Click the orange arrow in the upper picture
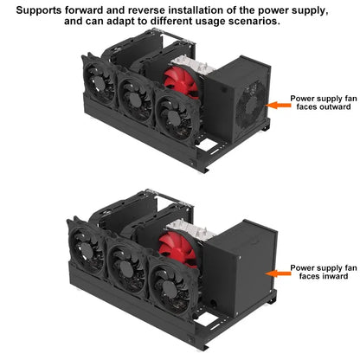point(278,106)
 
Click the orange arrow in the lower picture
point(278,273)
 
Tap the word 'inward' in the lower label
point(333,276)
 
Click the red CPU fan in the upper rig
point(182,82)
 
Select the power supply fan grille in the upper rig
point(250,105)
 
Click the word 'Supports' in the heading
point(39,11)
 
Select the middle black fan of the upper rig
point(134,98)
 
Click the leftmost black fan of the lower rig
point(86,247)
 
